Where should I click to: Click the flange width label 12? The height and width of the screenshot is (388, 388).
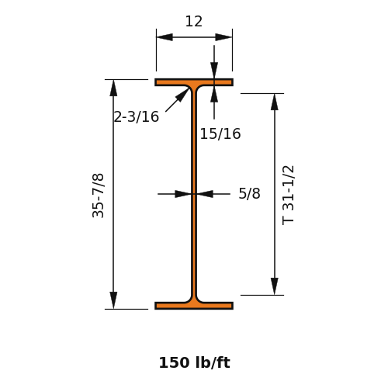point(194,22)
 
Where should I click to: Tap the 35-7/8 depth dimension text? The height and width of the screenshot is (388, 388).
point(98,196)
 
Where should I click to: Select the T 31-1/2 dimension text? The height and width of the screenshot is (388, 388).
point(288,196)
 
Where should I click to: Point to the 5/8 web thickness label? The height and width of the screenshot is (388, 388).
point(249,193)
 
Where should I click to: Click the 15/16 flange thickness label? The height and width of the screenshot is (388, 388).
point(220,133)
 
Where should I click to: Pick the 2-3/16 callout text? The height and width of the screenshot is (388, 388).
point(137,116)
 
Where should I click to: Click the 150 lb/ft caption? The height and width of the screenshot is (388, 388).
point(194,362)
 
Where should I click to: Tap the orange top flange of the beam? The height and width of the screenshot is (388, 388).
point(194,82)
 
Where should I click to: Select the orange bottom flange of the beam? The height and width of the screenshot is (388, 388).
point(194,306)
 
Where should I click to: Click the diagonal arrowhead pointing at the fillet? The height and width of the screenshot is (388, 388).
point(182,95)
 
